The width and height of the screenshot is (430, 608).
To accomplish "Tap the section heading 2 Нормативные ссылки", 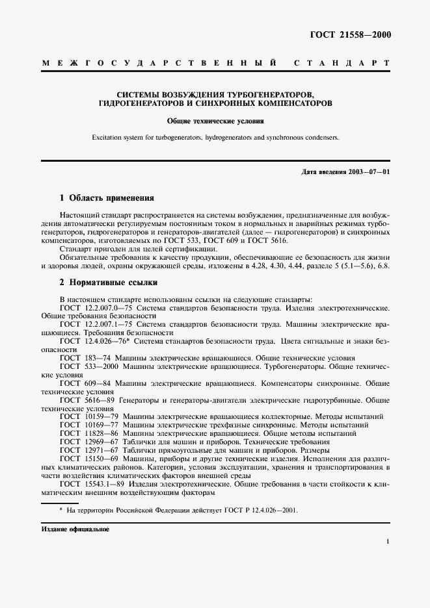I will pyautogui.click(x=108, y=283).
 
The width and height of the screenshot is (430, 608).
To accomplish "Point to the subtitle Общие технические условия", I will pyautogui.click(x=215, y=120).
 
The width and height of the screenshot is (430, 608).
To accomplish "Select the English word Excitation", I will pyautogui.click(x=108, y=138).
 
